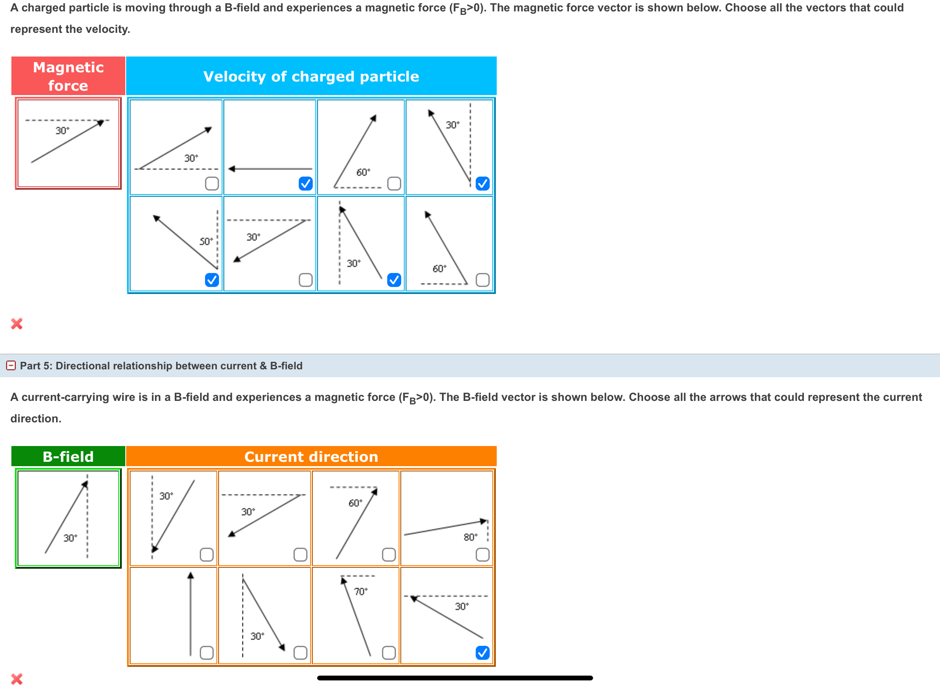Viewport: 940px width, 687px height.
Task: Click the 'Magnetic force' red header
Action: tap(68, 76)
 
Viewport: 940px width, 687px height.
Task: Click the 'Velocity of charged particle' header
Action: tap(311, 76)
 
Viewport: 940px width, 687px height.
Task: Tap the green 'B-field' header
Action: tap(68, 457)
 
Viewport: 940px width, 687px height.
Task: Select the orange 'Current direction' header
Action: tap(311, 457)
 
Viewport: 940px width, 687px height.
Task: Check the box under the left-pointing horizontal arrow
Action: tap(305, 184)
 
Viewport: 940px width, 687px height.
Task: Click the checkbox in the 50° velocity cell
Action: tap(212, 280)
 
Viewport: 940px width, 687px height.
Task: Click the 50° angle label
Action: tap(206, 241)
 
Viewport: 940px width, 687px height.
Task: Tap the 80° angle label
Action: tap(470, 537)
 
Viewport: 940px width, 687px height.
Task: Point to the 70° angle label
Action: tap(360, 591)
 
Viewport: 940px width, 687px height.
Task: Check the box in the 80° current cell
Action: tap(482, 555)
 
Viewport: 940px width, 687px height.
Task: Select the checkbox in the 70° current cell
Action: tap(389, 653)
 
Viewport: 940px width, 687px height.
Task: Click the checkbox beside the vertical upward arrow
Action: tap(206, 653)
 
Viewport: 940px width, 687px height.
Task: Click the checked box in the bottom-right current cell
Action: tap(482, 653)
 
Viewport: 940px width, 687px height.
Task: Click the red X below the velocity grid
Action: tap(17, 324)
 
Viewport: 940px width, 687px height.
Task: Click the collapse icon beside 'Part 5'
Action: tap(11, 365)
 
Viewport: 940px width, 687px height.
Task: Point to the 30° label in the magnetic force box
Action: tap(62, 131)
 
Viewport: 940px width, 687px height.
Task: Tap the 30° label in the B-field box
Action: tap(70, 538)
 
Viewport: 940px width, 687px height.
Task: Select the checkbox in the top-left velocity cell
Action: tap(212, 184)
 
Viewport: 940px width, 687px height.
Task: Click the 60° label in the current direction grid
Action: tap(355, 503)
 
